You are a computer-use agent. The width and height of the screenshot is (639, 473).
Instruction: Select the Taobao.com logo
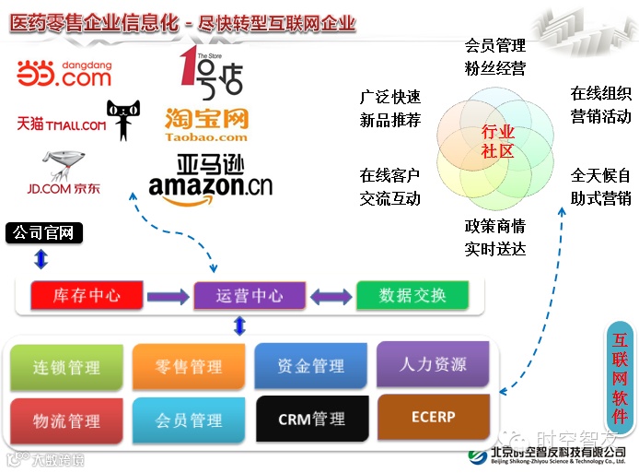pyautogui.click(x=207, y=124)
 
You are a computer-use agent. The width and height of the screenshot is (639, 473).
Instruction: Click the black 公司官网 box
pyautogui.click(x=44, y=232)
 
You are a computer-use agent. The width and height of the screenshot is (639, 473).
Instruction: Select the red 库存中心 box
pyautogui.click(x=87, y=295)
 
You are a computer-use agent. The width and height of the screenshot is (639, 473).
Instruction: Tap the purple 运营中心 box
pyautogui.click(x=250, y=295)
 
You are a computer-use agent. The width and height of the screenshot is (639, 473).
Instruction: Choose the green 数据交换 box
pyautogui.click(x=412, y=295)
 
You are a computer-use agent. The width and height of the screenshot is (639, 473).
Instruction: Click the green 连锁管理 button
pyautogui.click(x=66, y=367)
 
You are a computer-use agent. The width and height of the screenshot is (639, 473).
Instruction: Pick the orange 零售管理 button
pyautogui.click(x=189, y=366)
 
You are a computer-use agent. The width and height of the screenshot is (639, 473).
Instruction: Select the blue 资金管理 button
pyautogui.click(x=311, y=365)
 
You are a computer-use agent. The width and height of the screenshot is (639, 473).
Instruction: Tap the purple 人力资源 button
pyautogui.click(x=433, y=363)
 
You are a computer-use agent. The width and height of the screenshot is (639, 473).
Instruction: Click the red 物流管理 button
pyautogui.click(x=66, y=420)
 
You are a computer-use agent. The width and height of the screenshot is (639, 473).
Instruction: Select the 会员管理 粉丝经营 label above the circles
pyautogui.click(x=495, y=56)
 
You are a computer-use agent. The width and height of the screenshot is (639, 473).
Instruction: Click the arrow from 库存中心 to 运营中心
pyautogui.click(x=168, y=296)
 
